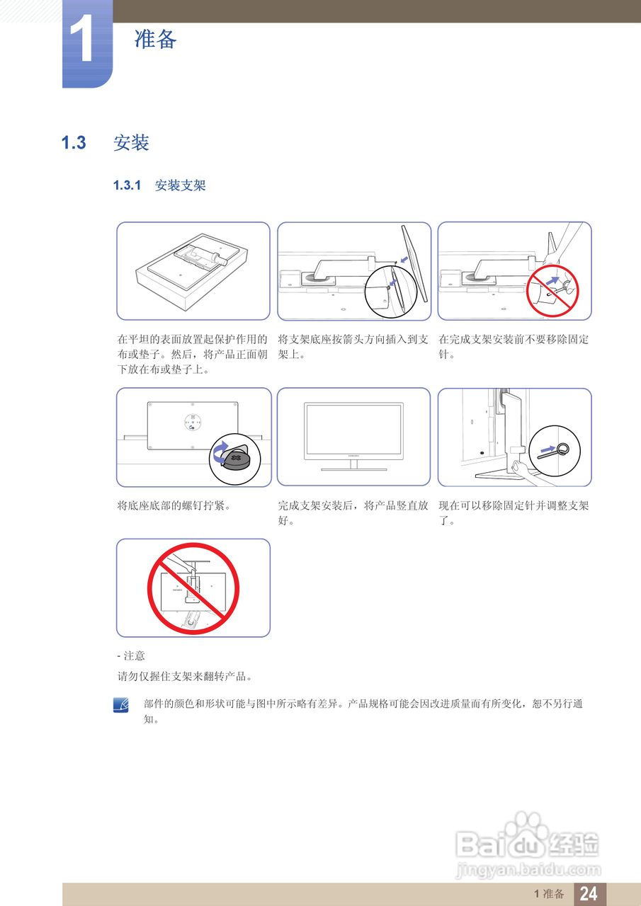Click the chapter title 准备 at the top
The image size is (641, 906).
pyautogui.click(x=155, y=39)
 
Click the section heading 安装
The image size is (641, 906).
pyautogui.click(x=131, y=143)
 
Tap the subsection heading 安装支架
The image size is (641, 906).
pyautogui.click(x=180, y=186)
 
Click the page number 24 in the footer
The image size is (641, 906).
pyautogui.click(x=589, y=894)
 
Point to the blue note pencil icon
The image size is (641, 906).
pyautogui.click(x=121, y=706)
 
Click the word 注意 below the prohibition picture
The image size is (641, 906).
pyautogui.click(x=134, y=656)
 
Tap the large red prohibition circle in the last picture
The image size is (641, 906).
pyautogui.click(x=193, y=588)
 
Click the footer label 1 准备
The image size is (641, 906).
pyautogui.click(x=549, y=894)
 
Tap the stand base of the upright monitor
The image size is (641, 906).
pyautogui.click(x=353, y=469)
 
